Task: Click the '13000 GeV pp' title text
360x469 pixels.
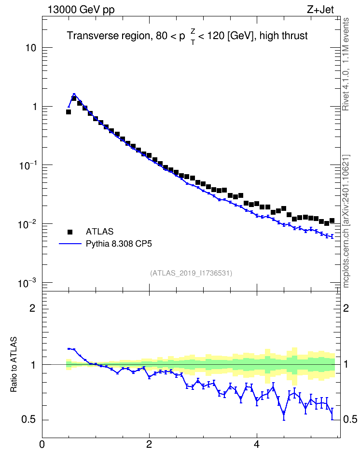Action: point(81,10)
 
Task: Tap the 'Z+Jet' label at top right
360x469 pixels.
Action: point(320,10)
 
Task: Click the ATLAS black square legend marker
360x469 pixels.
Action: point(70,232)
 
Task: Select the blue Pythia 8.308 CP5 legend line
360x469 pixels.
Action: point(70,244)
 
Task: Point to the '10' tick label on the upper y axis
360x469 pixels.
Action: point(30,48)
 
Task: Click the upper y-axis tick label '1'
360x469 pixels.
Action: point(34,107)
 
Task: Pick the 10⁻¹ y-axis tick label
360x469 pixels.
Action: point(28,165)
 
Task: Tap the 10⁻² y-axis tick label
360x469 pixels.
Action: point(28,224)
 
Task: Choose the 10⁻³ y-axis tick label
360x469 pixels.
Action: point(28,282)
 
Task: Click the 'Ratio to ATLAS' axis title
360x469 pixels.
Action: point(14,364)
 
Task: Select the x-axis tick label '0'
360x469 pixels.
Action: point(42,444)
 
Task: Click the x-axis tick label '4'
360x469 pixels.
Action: point(256,444)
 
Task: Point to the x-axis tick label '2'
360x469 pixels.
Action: point(149,444)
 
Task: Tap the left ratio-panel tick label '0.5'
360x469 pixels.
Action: point(28,420)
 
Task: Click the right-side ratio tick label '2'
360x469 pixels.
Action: point(346,308)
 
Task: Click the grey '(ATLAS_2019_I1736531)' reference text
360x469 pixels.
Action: point(191,273)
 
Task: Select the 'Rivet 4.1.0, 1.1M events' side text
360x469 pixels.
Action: point(346,64)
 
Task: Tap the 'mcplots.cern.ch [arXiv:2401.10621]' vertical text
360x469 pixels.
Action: point(346,221)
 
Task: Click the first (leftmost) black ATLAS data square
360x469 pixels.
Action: point(69,112)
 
